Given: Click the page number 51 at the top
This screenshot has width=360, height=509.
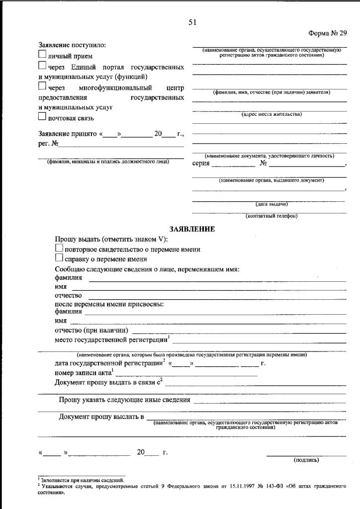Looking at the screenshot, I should point(192,22).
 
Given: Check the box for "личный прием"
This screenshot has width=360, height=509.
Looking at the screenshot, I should point(42,55).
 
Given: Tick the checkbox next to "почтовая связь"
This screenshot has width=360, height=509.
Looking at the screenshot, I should point(42,117).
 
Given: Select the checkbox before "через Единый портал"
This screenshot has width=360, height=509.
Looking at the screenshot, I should point(42,66).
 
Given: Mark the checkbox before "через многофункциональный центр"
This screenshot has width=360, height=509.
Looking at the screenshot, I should point(42,86).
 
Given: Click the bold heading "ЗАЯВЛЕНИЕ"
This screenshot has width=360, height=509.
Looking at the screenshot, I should point(192,229).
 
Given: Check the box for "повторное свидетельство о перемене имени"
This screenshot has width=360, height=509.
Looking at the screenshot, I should point(59,249).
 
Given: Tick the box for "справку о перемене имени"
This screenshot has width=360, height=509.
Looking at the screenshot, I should point(59,258).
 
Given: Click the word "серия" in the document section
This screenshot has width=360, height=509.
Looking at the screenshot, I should point(200,164).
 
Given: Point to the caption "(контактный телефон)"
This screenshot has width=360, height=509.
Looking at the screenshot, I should point(271,216).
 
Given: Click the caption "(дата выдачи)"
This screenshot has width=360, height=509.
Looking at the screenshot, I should point(271,204).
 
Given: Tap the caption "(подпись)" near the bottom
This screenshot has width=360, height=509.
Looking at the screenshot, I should point(307,460).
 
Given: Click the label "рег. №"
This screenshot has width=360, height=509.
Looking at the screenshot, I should point(49,144).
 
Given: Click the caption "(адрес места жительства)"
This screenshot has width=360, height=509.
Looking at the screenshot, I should point(271,114).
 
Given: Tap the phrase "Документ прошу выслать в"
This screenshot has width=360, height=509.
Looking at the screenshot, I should point(101,416).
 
